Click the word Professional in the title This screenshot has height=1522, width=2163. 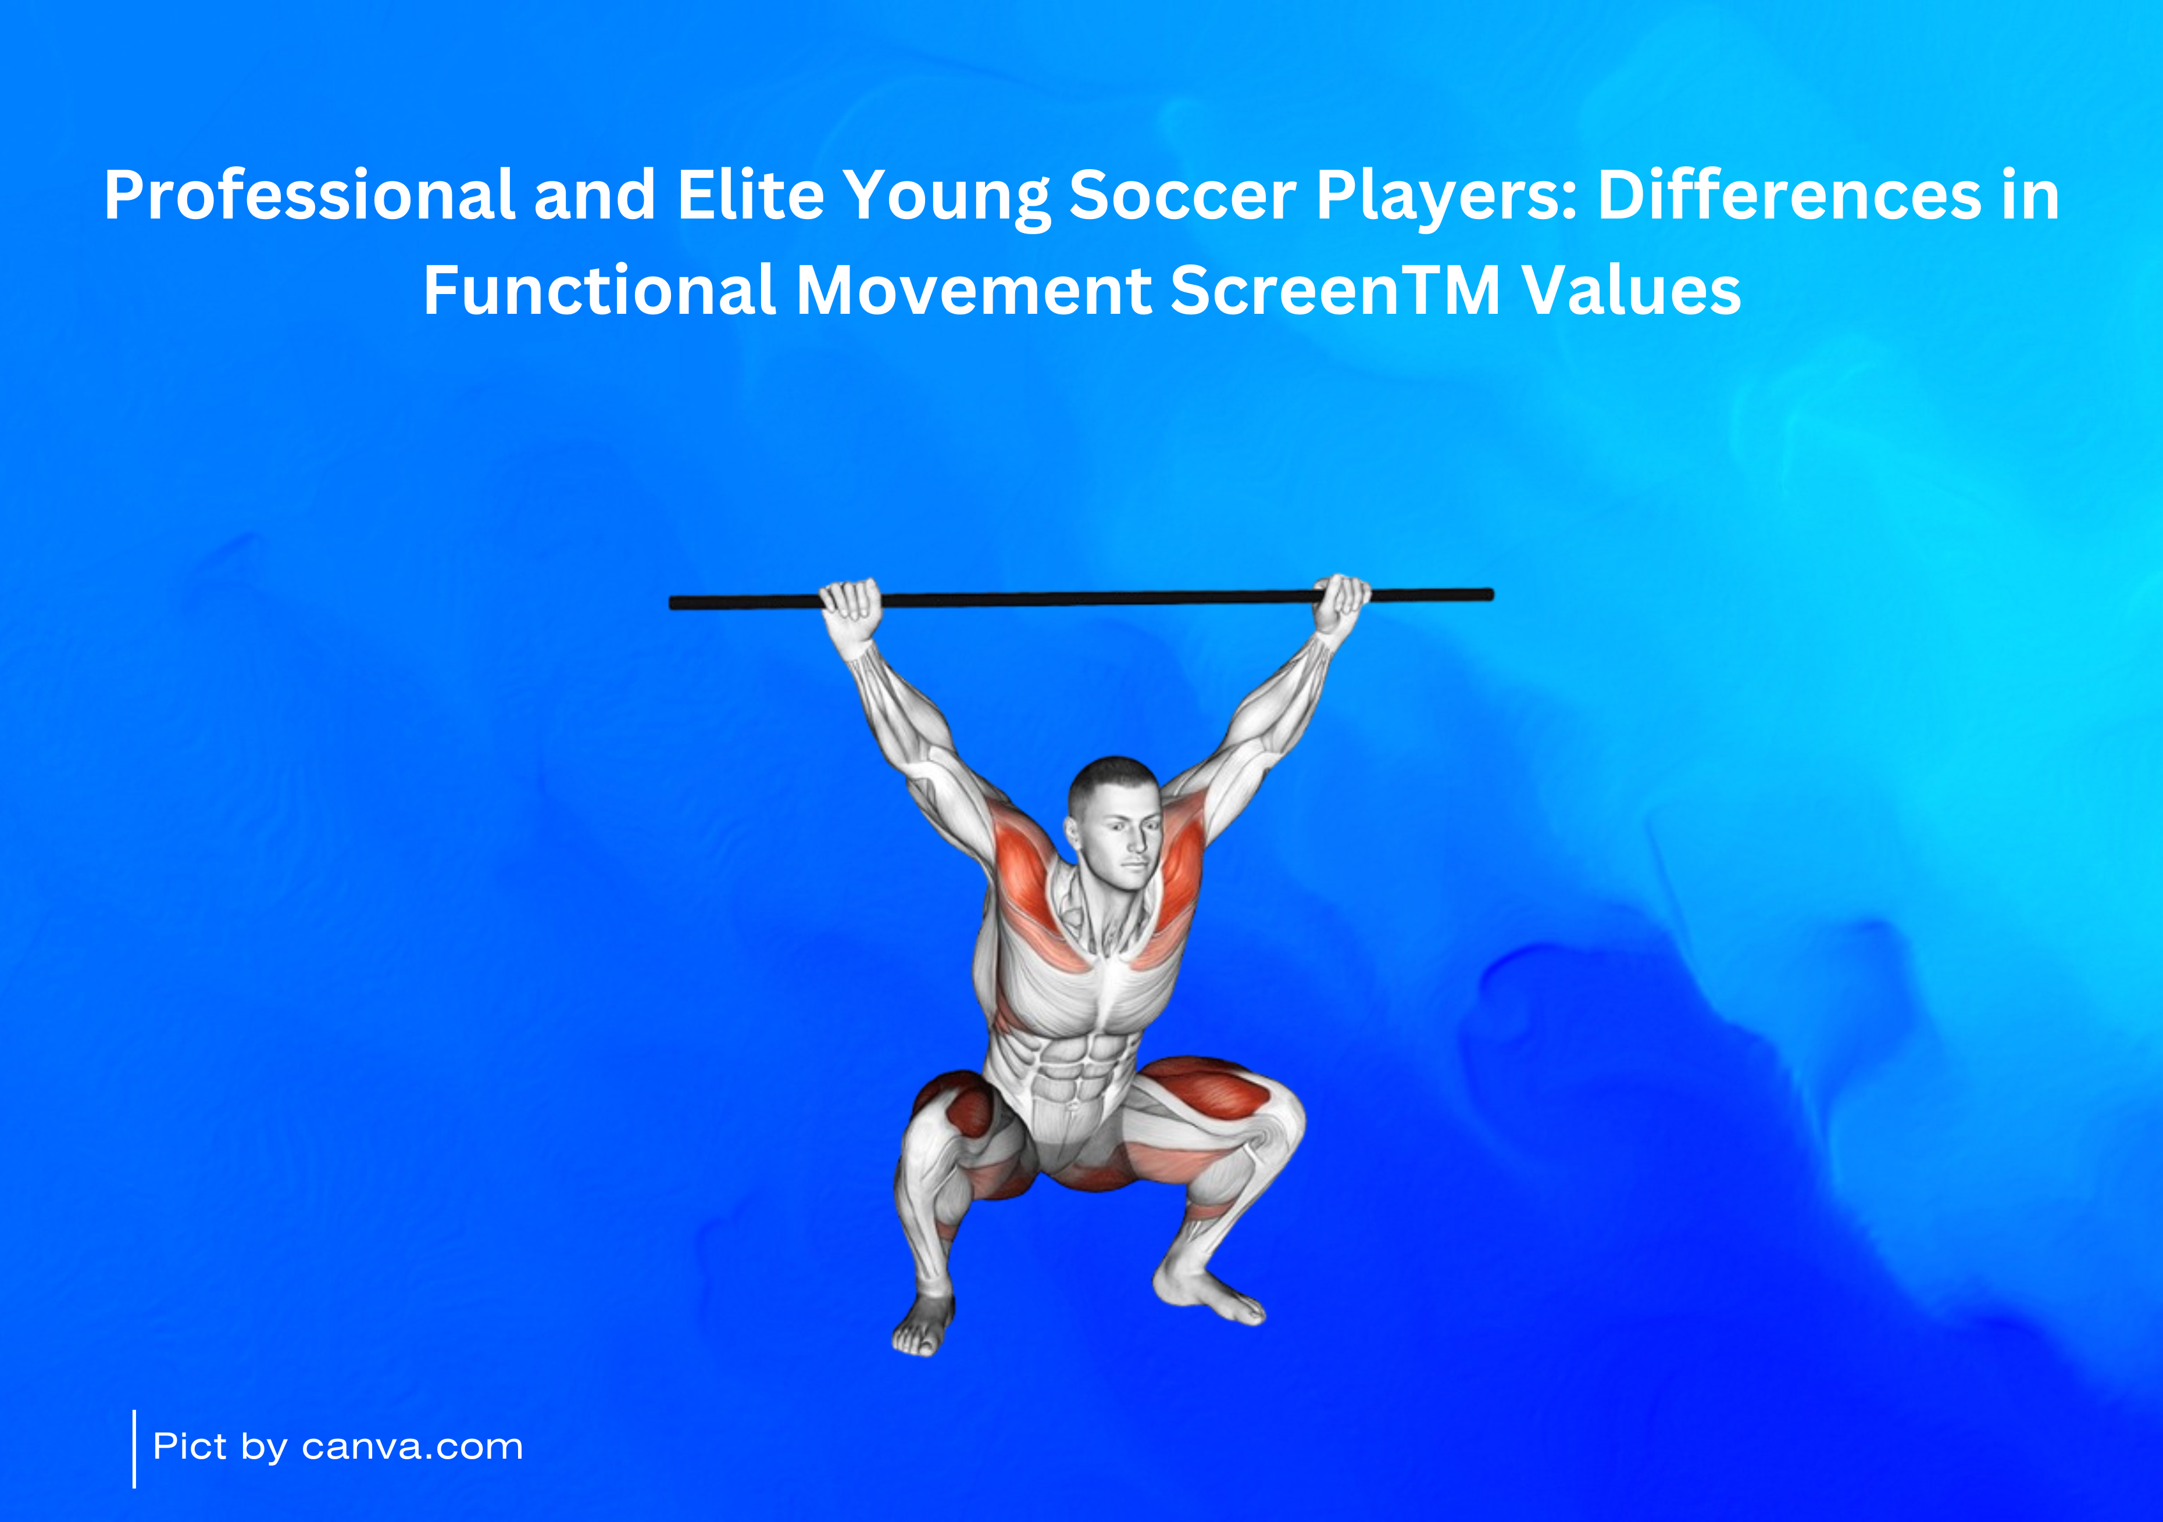pos(309,196)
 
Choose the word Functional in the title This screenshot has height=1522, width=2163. pos(599,290)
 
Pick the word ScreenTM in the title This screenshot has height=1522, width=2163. pos(1335,290)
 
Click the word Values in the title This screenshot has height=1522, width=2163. pos(1632,290)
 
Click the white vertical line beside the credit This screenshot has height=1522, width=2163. pos(135,1449)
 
